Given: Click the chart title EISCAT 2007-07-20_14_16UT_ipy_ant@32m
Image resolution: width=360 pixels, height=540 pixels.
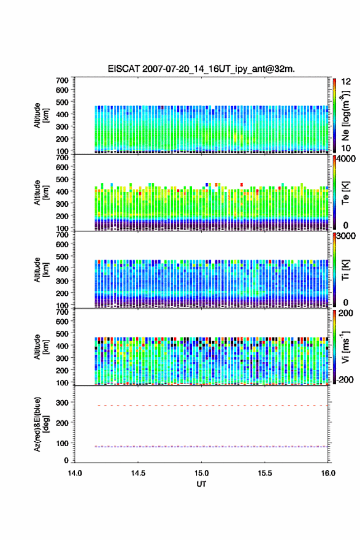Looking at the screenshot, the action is [x=201, y=69].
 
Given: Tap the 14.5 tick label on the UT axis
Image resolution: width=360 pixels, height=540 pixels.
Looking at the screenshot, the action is [x=138, y=473].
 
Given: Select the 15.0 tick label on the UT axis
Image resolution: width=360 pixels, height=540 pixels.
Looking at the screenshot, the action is [x=201, y=473].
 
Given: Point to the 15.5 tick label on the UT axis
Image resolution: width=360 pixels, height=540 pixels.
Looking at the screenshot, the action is [x=265, y=473].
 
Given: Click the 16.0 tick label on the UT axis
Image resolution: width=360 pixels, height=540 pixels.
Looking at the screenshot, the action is [x=328, y=473].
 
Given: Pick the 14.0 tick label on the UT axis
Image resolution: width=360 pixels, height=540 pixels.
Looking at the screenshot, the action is [x=75, y=473].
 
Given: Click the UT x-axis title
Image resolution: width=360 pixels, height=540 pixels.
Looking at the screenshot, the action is [x=201, y=484].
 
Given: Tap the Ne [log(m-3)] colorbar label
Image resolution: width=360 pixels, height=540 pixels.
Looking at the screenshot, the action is [x=345, y=116].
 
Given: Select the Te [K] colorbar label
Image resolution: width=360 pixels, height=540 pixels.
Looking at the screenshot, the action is [x=345, y=193].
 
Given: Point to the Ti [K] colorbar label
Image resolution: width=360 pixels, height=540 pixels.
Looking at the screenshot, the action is [x=345, y=270].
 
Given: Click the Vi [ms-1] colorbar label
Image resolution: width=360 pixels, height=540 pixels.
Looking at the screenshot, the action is [x=345, y=347].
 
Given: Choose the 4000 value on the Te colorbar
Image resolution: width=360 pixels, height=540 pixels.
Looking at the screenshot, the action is [x=346, y=159].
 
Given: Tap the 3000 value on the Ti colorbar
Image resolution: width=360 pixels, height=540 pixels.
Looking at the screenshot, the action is [x=346, y=236].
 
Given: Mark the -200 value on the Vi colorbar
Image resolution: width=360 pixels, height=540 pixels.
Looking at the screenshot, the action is [x=345, y=379].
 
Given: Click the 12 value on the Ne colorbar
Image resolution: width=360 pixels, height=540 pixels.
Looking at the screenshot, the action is [x=346, y=82].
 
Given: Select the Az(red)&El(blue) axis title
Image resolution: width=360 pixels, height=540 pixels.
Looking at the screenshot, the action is [x=40, y=424].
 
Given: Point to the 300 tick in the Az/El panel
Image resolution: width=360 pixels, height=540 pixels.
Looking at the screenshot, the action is [x=63, y=403].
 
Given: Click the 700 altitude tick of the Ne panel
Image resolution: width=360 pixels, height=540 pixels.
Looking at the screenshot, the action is [x=63, y=80].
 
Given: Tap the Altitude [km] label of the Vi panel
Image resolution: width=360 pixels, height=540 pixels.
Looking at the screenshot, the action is [x=41, y=347].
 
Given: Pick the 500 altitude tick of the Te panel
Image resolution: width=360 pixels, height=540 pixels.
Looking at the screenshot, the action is [x=63, y=179].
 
